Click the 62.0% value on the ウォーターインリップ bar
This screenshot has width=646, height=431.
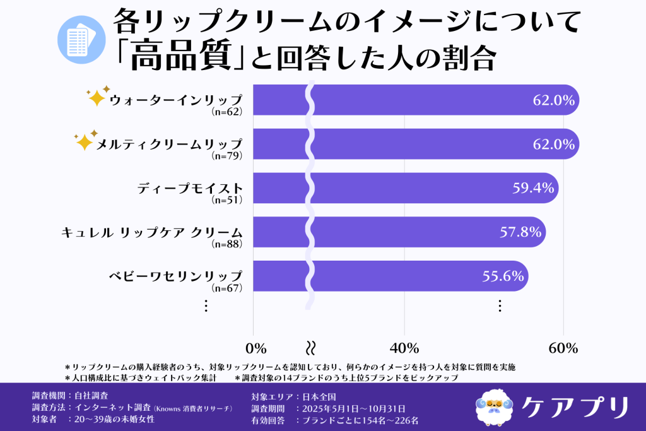(x=553, y=100)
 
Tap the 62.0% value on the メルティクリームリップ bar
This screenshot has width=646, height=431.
(x=553, y=144)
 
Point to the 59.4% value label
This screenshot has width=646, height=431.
(x=534, y=187)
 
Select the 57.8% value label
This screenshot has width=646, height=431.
(x=520, y=232)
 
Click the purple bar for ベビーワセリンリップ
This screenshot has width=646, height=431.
(x=416, y=276)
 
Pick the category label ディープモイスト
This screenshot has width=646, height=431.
(x=189, y=188)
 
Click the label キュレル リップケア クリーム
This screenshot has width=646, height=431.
(x=151, y=232)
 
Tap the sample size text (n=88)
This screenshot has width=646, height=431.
(x=226, y=244)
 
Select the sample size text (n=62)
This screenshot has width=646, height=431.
(x=226, y=112)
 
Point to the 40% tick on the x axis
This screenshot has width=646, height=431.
(x=404, y=348)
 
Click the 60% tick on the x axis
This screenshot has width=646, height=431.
(x=563, y=348)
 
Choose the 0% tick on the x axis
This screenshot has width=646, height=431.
(x=255, y=348)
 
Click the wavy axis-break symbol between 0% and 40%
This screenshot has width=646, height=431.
(x=310, y=348)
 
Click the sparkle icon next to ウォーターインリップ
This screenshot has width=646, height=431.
(x=97, y=96)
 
